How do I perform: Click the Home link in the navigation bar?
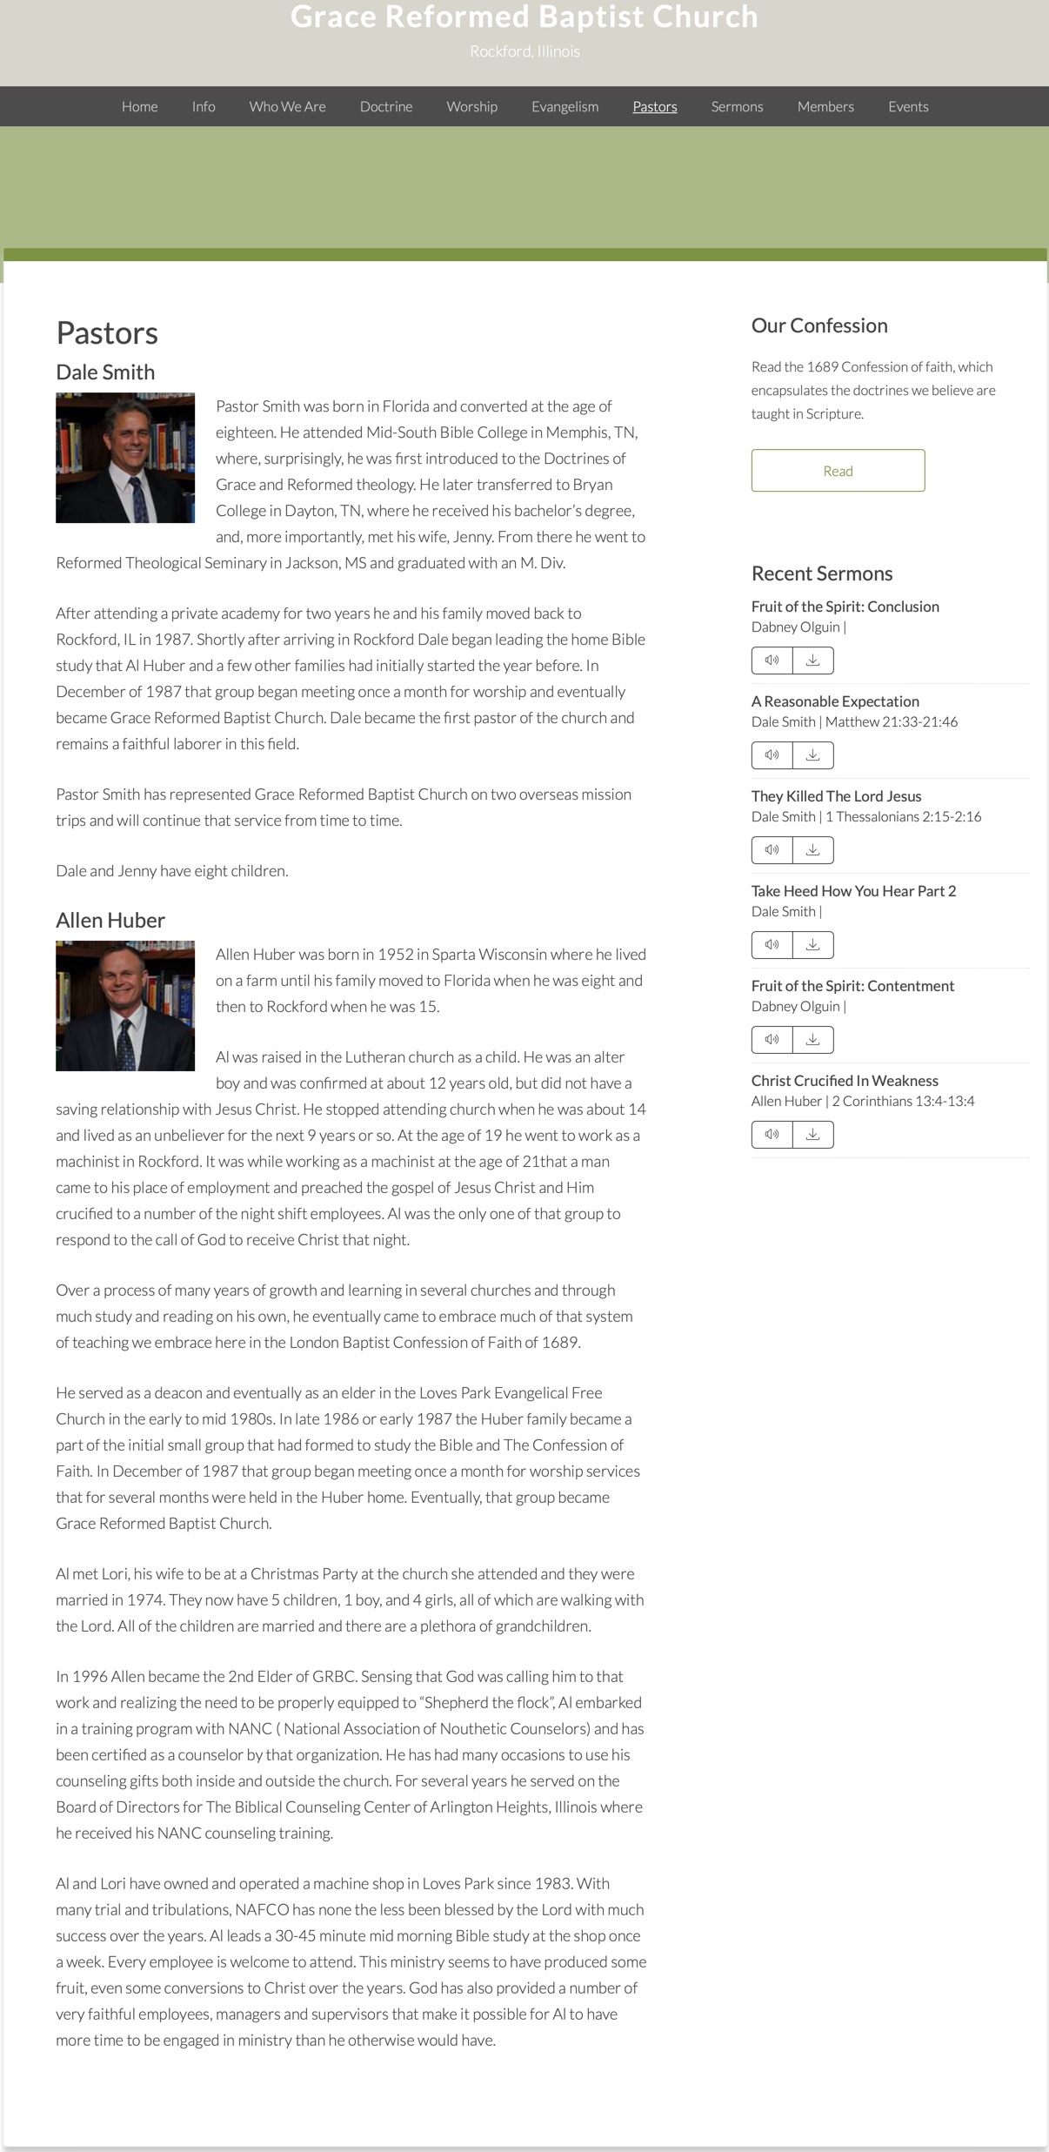coord(139,106)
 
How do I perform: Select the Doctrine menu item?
coord(386,106)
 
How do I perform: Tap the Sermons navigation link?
coord(737,106)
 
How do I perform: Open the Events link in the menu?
coord(908,106)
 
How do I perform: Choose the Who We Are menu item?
coord(287,106)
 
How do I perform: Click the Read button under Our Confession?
coord(838,471)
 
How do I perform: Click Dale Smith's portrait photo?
coord(125,458)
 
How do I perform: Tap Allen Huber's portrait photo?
coord(125,1006)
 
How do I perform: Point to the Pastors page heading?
coord(107,333)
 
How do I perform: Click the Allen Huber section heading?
coord(110,920)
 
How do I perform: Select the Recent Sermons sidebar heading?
coord(822,573)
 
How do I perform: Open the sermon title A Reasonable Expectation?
coord(835,701)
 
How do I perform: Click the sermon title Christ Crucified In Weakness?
coord(845,1081)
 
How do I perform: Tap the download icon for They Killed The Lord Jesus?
coord(812,850)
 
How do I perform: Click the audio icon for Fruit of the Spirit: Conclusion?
coord(772,660)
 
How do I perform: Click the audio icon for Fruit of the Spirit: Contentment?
coord(772,1040)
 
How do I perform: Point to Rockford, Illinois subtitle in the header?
coord(524,51)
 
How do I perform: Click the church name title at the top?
coord(524,17)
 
